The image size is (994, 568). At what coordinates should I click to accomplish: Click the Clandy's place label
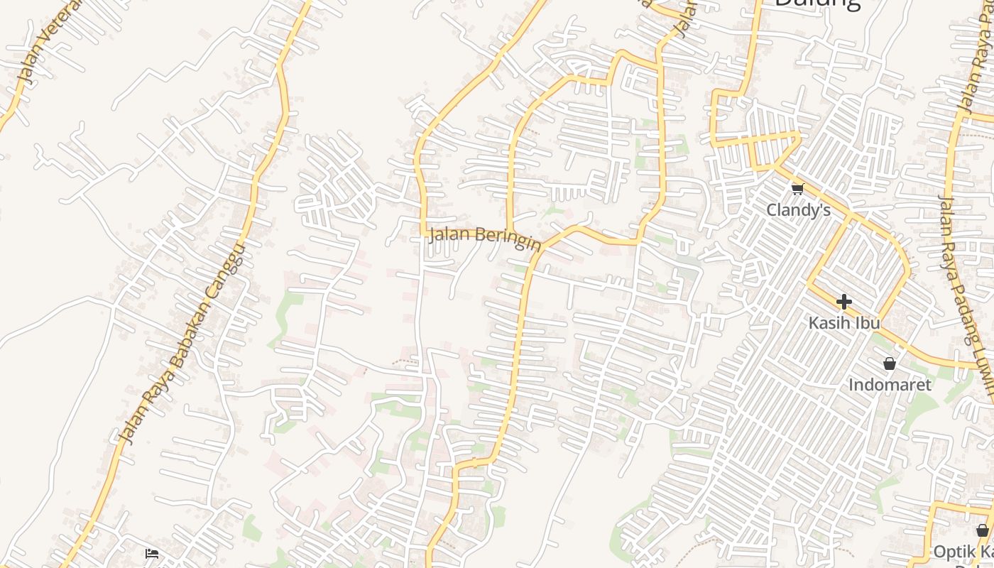point(799,210)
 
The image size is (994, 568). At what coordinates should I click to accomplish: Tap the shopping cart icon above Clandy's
point(797,189)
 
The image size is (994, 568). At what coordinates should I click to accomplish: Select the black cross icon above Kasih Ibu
point(843,302)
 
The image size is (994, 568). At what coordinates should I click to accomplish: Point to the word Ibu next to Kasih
point(868,323)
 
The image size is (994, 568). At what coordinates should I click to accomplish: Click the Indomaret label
point(890,385)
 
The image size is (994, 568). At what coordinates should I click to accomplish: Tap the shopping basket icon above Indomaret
point(890,364)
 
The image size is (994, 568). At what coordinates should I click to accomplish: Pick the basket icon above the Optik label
point(982,530)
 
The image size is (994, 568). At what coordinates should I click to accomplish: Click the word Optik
point(954,552)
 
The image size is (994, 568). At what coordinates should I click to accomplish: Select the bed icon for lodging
point(151,553)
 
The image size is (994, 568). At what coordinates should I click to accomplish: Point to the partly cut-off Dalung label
point(816,4)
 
